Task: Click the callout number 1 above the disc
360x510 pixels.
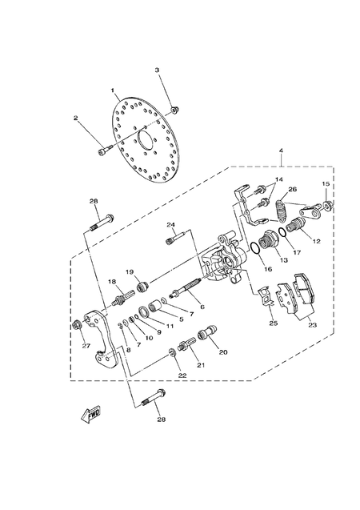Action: pos(114,90)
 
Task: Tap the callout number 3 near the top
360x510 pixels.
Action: pos(158,70)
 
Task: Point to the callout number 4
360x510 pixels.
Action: pos(281,151)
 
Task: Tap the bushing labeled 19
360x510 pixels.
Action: pos(142,286)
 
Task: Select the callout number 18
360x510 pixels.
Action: pos(113,282)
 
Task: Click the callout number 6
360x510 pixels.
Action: pos(202,307)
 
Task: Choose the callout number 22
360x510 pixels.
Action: pos(182,375)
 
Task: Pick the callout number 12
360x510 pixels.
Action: pos(316,241)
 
